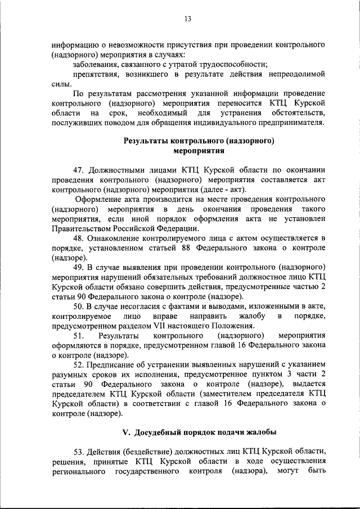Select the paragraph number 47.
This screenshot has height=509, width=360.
click(79, 169)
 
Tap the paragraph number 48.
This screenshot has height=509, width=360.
click(79, 238)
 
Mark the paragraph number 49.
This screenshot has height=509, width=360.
click(79, 268)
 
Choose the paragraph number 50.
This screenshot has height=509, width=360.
click(79, 307)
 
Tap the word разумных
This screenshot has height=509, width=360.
click(71, 375)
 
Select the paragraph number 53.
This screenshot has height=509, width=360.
click(79, 452)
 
